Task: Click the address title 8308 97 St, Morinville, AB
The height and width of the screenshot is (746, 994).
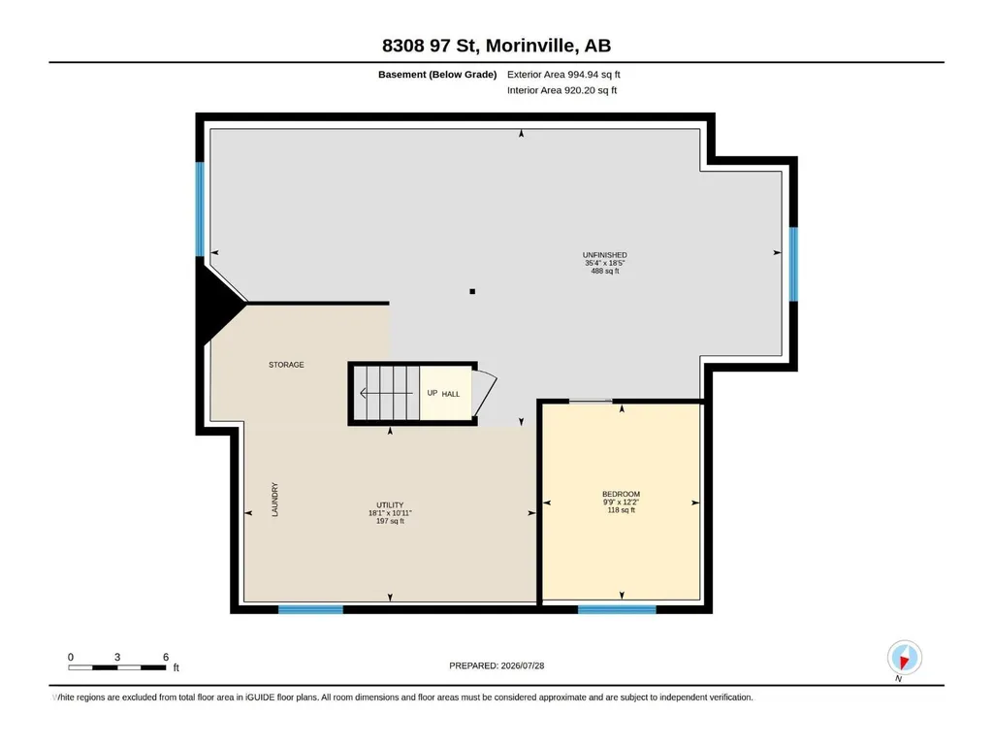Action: [x=497, y=46]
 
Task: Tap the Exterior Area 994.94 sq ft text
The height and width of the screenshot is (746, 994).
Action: [x=563, y=75]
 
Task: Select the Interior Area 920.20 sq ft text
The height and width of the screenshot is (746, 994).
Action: [x=561, y=90]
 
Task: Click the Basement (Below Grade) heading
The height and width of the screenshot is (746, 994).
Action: [x=437, y=75]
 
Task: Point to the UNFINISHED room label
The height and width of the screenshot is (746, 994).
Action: [x=605, y=255]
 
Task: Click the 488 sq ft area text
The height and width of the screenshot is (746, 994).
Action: [x=605, y=271]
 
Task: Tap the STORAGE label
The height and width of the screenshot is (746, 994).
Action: [x=286, y=365]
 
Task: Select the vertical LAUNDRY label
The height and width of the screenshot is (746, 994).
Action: [x=275, y=500]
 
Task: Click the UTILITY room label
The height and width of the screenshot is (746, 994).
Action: [x=390, y=505]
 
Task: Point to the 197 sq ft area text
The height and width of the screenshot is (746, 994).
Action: [x=390, y=522]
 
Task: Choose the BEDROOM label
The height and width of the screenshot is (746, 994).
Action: [x=622, y=494]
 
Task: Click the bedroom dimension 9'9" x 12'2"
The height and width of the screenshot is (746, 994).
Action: [x=622, y=502]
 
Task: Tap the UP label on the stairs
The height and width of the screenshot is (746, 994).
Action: [x=433, y=393]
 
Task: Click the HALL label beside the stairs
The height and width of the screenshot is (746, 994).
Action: [x=451, y=394]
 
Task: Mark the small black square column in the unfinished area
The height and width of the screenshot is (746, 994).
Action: [x=472, y=292]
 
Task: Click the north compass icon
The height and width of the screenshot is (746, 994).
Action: [x=905, y=658]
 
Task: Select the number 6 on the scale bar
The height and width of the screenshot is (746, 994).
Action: [x=166, y=657]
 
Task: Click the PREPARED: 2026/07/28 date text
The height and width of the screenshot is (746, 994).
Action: [x=497, y=665]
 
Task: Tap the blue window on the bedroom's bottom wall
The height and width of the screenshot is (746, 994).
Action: [x=617, y=609]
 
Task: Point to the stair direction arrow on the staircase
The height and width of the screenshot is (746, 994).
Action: [x=387, y=393]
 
